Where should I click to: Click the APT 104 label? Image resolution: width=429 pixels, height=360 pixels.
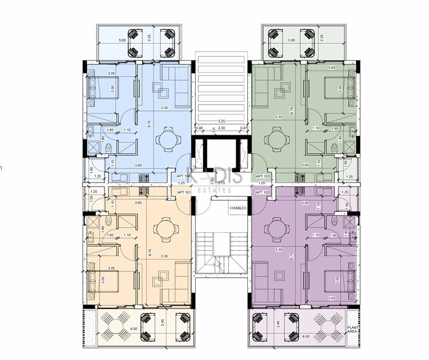pyautogui.click(x=183, y=175)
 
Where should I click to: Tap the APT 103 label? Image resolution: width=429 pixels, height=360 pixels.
pyautogui.click(x=263, y=175)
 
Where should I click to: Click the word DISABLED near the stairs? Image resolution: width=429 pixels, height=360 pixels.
pyautogui.click(x=237, y=208)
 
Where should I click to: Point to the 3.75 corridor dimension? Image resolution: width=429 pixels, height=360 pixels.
pyautogui.click(x=221, y=182)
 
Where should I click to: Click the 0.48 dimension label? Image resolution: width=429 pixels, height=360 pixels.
pyautogui.click(x=200, y=128)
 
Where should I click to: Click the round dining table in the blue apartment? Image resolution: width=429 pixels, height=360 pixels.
pyautogui.click(x=166, y=139)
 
